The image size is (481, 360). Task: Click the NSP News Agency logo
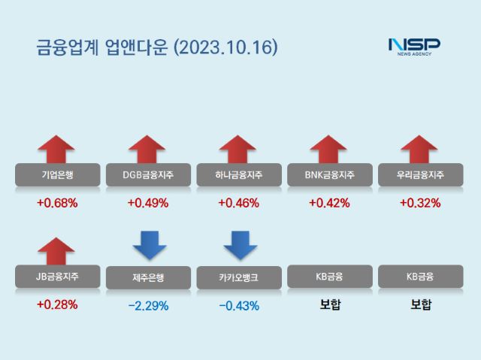(x=414, y=46)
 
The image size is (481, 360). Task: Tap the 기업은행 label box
(x=57, y=176)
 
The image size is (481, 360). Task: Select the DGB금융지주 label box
(x=148, y=176)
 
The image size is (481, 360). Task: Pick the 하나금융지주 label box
(x=238, y=176)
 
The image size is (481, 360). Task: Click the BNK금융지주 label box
(x=329, y=176)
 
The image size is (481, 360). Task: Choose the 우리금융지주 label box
(x=419, y=176)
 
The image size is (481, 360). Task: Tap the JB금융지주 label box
(x=57, y=277)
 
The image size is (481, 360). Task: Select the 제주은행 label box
(x=148, y=277)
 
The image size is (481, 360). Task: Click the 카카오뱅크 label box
(x=238, y=277)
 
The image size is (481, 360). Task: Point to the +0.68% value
(x=57, y=203)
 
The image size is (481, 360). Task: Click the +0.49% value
(x=148, y=203)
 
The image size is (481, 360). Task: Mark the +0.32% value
(x=419, y=203)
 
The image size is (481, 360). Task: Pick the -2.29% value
(x=148, y=306)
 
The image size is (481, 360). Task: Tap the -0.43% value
(x=238, y=306)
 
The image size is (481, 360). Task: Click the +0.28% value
(x=57, y=304)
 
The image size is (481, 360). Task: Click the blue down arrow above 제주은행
(x=148, y=244)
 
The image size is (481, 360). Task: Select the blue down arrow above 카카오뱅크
(x=240, y=244)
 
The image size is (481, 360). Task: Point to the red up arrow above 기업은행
(x=57, y=149)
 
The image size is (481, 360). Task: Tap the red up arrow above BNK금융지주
(x=328, y=149)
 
